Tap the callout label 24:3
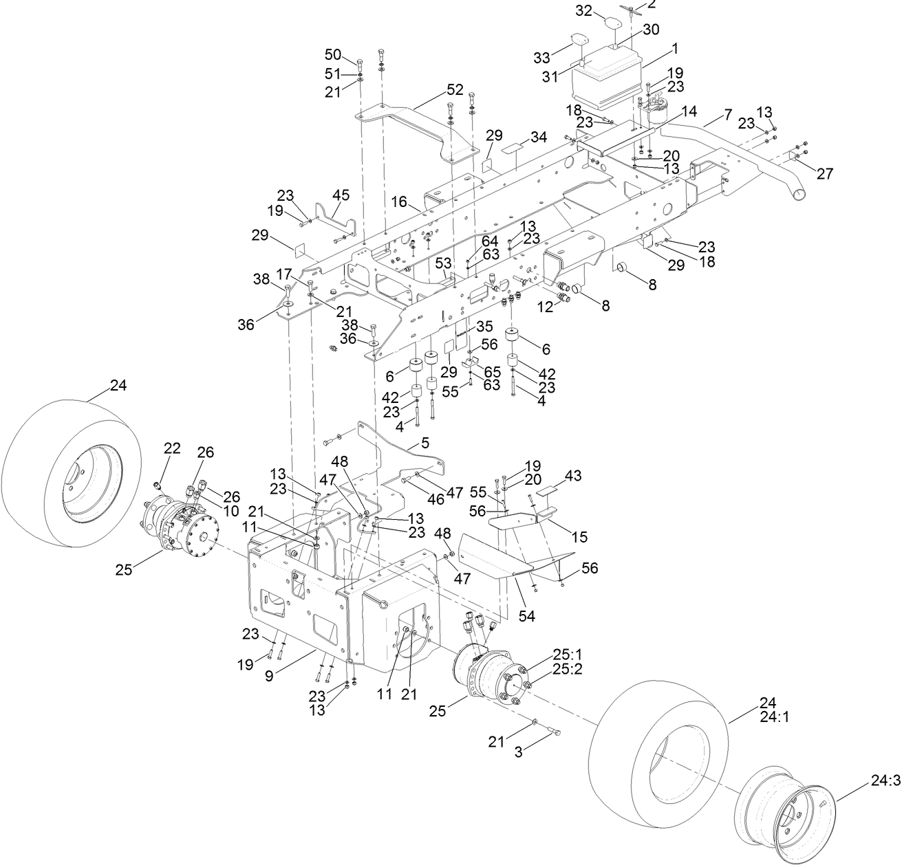pyautogui.click(x=885, y=781)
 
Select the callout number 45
pyautogui.click(x=341, y=195)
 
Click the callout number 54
pyautogui.click(x=527, y=617)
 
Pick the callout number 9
pyautogui.click(x=269, y=676)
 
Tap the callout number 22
pyautogui.click(x=172, y=448)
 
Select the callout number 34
pyautogui.click(x=539, y=138)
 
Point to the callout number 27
pyautogui.click(x=825, y=174)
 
